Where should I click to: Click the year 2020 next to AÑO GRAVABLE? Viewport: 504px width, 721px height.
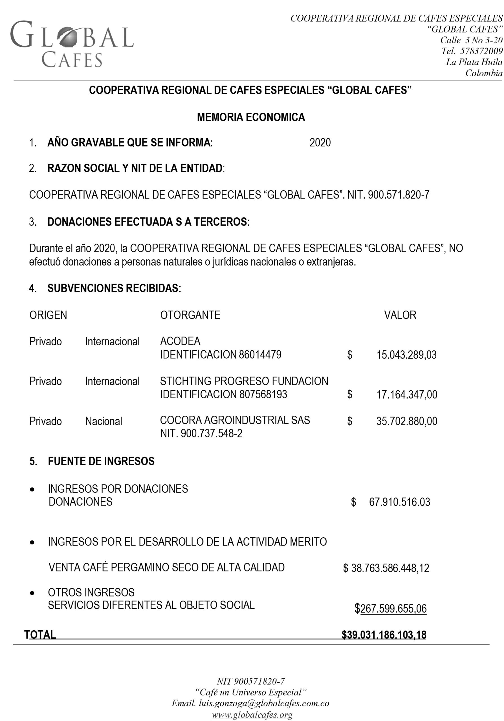click(320, 143)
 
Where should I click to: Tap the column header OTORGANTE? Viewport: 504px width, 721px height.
click(190, 315)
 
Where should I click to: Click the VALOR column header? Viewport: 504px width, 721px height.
click(400, 315)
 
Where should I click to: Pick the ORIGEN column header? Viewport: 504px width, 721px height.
click(48, 315)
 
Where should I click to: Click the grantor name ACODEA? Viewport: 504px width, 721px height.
click(180, 341)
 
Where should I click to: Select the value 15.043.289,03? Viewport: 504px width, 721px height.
click(406, 355)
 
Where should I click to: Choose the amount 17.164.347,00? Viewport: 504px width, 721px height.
click(406, 394)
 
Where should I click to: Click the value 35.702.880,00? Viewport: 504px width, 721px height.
click(406, 421)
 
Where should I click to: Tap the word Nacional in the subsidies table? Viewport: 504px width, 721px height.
click(104, 421)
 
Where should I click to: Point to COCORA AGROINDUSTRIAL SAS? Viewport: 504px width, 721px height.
click(235, 420)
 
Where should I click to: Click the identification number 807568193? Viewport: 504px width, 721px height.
click(263, 394)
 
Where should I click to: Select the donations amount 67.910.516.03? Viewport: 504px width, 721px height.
click(399, 502)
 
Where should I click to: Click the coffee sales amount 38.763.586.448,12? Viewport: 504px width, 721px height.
click(390, 568)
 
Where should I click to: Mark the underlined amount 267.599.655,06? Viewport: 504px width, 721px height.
click(393, 609)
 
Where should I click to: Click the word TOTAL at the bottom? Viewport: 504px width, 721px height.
click(40, 635)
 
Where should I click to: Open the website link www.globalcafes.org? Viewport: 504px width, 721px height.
click(252, 715)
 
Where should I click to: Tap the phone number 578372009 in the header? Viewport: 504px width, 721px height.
click(481, 51)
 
